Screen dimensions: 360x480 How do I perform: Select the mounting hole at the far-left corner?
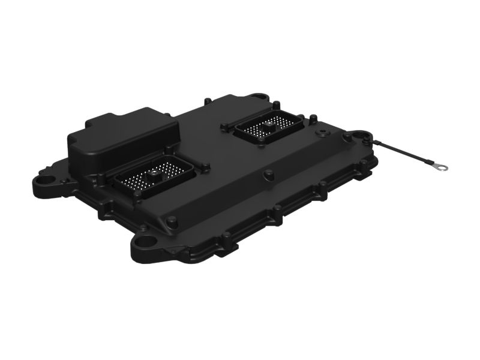pos(44,179)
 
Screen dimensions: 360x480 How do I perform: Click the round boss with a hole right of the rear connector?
pos(347,137)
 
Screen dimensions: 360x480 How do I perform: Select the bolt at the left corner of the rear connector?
pos(224,127)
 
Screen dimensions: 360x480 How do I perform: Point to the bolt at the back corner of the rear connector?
pos(278,109)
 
